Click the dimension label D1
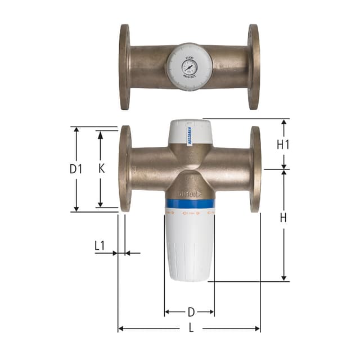coord(76,168)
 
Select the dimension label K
coord(101,168)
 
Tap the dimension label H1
coord(283,144)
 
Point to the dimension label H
coord(283,218)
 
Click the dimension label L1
coord(100,245)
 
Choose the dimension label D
coord(190,311)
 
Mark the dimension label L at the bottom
coord(190,329)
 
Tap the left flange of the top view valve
coord(124,67)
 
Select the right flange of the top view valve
coord(254,67)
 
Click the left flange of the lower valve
coord(125,169)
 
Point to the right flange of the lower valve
coord(255,169)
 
